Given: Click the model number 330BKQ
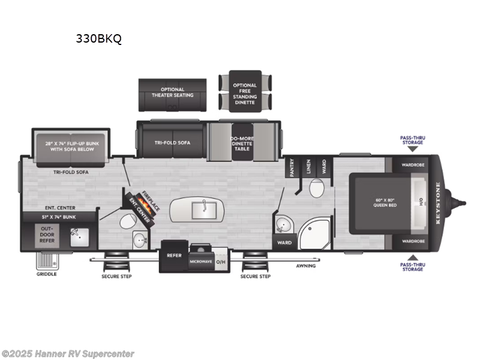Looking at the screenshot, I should pyautogui.click(x=98, y=40).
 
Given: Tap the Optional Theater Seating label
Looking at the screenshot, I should pyautogui.click(x=173, y=92).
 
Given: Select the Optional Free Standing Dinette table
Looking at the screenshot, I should pyautogui.click(x=245, y=94).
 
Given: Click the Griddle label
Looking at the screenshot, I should pyautogui.click(x=46, y=274).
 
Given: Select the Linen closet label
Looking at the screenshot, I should pyautogui.click(x=308, y=166).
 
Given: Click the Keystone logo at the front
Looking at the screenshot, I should pyautogui.click(x=437, y=203).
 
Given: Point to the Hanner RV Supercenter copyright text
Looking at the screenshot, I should pyautogui.click(x=68, y=354).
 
